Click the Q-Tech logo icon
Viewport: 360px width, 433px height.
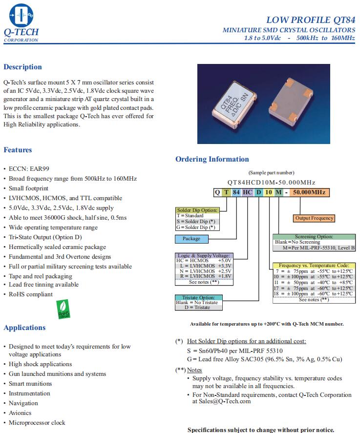[21, 15]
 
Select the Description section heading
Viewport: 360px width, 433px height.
[22, 67]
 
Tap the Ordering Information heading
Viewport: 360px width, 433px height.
[212, 159]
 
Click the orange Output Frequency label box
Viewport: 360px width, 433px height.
[315, 218]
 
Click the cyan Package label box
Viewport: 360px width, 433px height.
[191, 239]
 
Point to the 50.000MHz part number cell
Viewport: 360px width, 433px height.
[309, 192]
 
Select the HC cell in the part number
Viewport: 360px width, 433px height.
[248, 192]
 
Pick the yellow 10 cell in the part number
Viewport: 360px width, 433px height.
[269, 192]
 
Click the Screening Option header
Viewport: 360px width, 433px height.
[313, 237]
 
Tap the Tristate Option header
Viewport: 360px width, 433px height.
[198, 297]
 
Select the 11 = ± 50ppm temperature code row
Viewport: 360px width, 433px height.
[313, 283]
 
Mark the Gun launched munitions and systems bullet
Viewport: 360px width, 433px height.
[57, 374]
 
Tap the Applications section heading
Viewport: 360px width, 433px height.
[24, 328]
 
